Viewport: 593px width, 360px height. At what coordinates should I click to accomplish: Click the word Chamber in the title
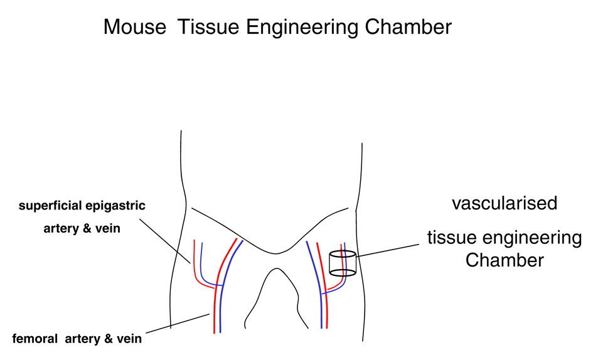click(x=411, y=27)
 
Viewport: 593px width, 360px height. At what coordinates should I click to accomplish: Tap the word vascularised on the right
click(x=505, y=204)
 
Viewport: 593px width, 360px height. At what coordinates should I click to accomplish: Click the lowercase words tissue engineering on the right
click(x=505, y=239)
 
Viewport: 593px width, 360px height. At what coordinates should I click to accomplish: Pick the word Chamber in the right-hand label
click(x=505, y=260)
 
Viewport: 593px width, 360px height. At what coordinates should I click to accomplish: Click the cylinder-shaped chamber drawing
click(x=343, y=263)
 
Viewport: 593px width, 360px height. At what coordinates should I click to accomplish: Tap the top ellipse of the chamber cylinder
click(x=343, y=255)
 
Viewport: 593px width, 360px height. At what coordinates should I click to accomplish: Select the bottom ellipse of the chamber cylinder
click(x=343, y=273)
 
